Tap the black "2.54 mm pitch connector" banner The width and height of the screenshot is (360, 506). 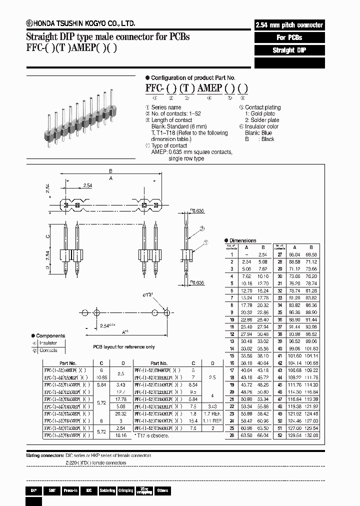point(289,25)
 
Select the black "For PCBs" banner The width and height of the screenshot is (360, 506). point(289,37)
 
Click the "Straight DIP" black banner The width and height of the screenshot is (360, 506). point(289,50)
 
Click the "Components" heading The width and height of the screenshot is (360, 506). point(50,335)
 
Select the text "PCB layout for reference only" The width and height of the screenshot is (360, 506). point(123,346)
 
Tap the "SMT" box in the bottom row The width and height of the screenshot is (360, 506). point(52,490)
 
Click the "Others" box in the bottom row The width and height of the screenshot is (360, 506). point(162,490)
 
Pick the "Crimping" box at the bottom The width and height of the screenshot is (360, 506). point(125,490)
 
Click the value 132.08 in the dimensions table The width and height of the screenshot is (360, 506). point(311,435)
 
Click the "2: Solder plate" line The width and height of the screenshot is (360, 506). point(262,120)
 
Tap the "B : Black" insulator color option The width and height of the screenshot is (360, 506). point(259,139)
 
